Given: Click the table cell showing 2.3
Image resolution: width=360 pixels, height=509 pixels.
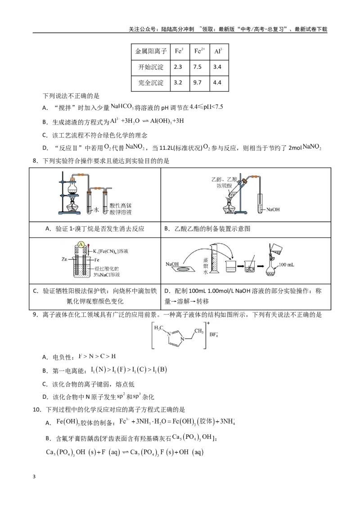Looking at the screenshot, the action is pyautogui.click(x=178, y=67).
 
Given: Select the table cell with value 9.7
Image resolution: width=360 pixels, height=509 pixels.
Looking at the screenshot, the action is pyautogui.click(x=197, y=82).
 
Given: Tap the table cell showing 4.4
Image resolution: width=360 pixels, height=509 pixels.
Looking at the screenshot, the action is pyautogui.click(x=217, y=82).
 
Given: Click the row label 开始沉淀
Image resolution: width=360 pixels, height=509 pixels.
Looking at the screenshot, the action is pyautogui.click(x=151, y=67).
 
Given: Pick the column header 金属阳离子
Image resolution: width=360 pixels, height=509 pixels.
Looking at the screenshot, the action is pyautogui.click(x=151, y=51).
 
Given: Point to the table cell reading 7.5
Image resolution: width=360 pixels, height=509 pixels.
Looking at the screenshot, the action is pyautogui.click(x=197, y=67).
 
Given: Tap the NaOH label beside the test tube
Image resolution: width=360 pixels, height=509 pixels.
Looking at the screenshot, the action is pyautogui.click(x=273, y=210).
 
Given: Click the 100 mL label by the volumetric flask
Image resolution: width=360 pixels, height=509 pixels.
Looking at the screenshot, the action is pyautogui.click(x=286, y=264).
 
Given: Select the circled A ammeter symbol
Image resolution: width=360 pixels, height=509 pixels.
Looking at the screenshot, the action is pyautogui.click(x=81, y=244).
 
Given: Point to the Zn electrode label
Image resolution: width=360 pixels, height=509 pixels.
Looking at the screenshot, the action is pyautogui.click(x=64, y=259).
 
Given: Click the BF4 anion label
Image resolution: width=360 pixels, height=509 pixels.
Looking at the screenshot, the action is pyautogui.click(x=214, y=335).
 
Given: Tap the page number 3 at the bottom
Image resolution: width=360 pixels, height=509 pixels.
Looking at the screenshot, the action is pyautogui.click(x=34, y=477).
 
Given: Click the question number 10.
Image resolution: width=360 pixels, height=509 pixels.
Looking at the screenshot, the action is pyautogui.click(x=37, y=410).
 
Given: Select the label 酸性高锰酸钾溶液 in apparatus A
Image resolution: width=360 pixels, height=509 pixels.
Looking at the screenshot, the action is pyautogui.click(x=121, y=209).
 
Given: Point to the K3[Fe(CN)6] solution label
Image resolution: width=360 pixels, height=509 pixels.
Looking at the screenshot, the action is pyautogui.click(x=110, y=251).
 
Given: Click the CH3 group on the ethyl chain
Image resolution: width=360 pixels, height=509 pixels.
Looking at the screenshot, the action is pyautogui.click(x=199, y=331).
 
